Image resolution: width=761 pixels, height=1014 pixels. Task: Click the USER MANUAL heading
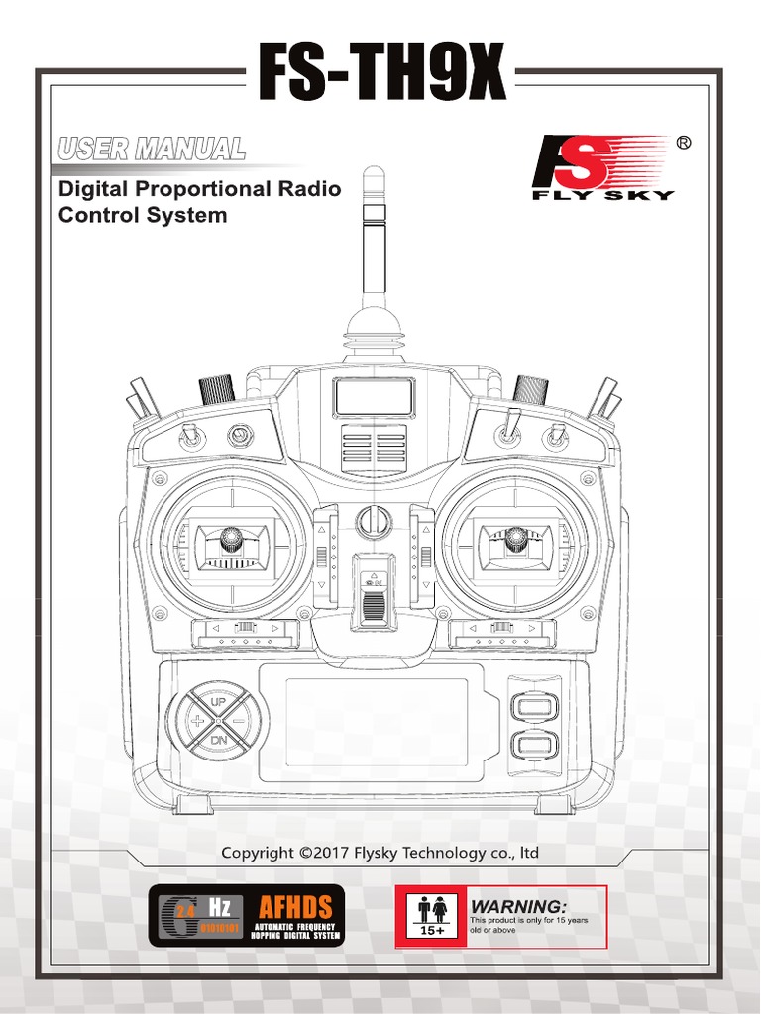pos(152,150)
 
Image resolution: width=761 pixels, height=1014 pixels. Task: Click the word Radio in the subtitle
pos(309,189)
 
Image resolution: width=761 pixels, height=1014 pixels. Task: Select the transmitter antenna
pos(374,233)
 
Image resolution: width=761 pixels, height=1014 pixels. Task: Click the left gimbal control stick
pos(232,539)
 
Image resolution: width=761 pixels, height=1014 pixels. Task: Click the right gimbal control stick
pos(514,540)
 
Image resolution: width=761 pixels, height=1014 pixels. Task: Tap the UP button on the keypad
pos(217,700)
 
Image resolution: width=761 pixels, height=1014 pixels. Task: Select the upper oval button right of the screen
pos(533,706)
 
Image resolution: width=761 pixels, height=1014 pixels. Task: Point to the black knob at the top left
pos(216,387)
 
